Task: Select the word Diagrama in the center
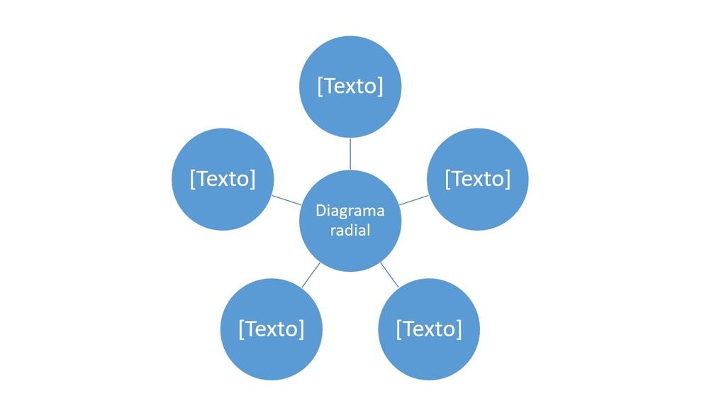(350, 211)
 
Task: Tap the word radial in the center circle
(350, 231)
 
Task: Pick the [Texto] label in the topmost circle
(350, 86)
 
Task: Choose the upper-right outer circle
(477, 153)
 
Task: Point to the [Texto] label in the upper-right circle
(477, 179)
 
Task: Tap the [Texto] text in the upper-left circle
(223, 179)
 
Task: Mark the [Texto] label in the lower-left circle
(272, 329)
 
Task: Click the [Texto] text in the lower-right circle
(429, 329)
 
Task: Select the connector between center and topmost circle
(350, 153)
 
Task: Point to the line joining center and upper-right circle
(414, 199)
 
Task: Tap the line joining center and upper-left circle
(286, 199)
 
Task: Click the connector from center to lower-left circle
(311, 275)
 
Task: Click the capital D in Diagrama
(320, 211)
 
